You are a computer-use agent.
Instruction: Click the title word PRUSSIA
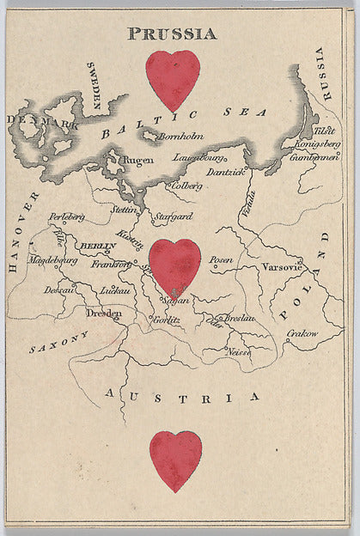[x=172, y=34]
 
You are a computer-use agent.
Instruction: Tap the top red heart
[x=173, y=79]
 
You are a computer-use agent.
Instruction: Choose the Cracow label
[x=302, y=333]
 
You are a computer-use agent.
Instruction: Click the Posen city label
[x=222, y=259]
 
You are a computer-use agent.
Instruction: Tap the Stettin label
[x=124, y=209]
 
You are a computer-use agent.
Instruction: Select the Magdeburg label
[x=53, y=259]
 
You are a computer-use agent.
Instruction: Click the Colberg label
[x=187, y=185]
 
